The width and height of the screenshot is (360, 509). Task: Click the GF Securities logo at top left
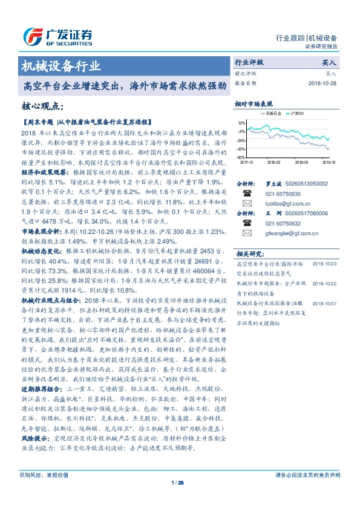[57, 34]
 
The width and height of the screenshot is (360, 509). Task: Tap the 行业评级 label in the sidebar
[249, 62]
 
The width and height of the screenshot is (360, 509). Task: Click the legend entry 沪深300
[313, 113]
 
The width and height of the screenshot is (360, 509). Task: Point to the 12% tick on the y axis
[241, 123]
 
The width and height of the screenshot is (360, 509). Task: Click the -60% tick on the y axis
[241, 157]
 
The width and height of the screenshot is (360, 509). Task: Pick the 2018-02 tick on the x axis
[273, 163]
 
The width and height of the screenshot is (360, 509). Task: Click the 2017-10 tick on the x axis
[246, 163]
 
